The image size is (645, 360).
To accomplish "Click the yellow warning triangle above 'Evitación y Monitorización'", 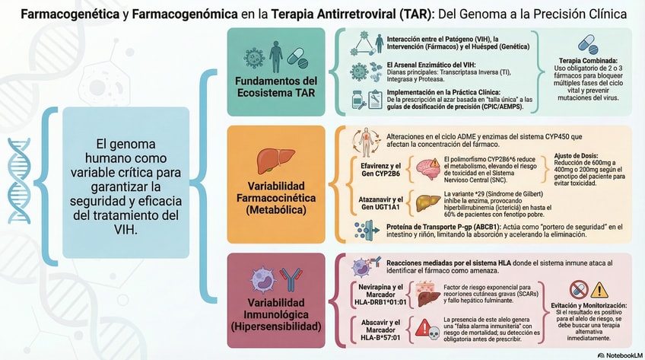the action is point(599,289).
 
